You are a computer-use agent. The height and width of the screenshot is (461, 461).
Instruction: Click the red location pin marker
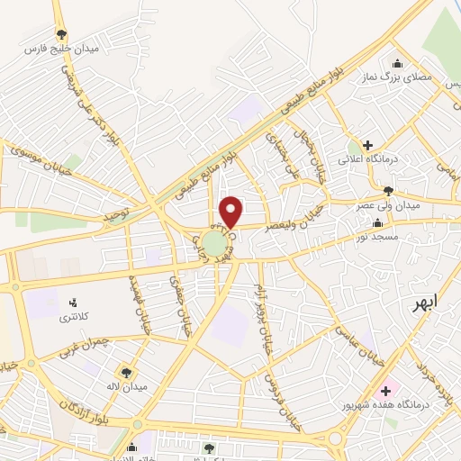(x=231, y=212)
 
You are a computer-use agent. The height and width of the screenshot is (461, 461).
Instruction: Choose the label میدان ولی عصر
(x=388, y=205)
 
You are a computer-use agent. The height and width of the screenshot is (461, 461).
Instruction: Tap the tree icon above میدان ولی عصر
(x=388, y=191)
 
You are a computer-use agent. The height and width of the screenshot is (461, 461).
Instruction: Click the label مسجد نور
(x=378, y=235)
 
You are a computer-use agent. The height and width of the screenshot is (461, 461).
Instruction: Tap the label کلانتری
(x=75, y=316)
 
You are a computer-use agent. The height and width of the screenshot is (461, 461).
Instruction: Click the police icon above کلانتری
(x=74, y=302)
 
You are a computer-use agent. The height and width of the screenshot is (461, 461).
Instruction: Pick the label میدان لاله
(x=123, y=386)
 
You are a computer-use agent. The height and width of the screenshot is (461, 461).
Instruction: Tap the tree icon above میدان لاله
(x=125, y=371)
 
